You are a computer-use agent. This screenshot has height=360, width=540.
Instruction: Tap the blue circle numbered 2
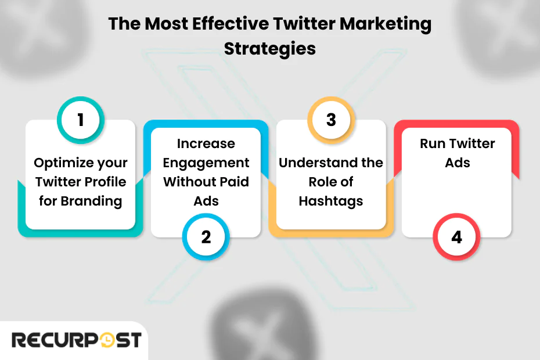[x=206, y=237]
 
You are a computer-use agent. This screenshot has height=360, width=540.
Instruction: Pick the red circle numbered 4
[x=456, y=237]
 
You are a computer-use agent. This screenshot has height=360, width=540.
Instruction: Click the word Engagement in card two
[x=206, y=163]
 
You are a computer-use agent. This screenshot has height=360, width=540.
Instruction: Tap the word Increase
[x=206, y=143]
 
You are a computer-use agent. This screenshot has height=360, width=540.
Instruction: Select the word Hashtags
[x=331, y=201]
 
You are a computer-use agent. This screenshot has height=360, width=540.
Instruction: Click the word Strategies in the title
[x=270, y=48]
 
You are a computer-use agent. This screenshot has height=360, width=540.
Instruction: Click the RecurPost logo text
[x=76, y=340]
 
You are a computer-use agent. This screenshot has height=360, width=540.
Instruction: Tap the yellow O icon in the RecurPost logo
[x=107, y=340]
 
